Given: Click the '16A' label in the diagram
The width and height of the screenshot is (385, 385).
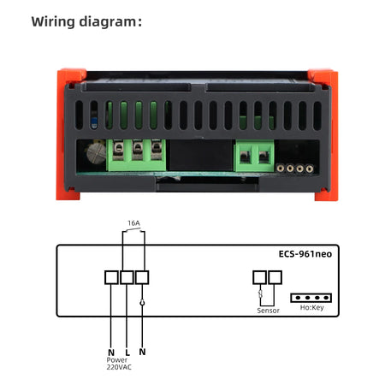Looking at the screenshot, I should pyautogui.click(x=133, y=222).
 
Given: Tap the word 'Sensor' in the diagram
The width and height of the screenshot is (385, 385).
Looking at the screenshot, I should pyautogui.click(x=268, y=311).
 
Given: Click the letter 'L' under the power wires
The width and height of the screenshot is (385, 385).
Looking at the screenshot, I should pyautogui.click(x=127, y=352).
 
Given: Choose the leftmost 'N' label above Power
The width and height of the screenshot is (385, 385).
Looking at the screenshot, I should pyautogui.click(x=110, y=352).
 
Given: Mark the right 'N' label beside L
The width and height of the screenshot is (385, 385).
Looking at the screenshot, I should pyautogui.click(x=143, y=352).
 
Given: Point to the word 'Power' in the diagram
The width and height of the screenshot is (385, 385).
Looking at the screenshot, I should pyautogui.click(x=118, y=360).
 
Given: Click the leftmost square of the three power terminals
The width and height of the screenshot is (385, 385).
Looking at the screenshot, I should pyautogui.click(x=110, y=277).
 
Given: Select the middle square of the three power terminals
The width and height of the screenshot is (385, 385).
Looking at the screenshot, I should pyautogui.click(x=127, y=277).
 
